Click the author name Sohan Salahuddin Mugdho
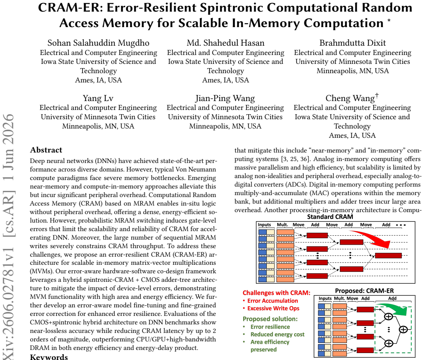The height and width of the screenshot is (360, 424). [x=98, y=43]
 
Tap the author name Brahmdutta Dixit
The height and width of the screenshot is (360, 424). [x=353, y=43]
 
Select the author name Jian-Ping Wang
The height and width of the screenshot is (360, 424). [x=225, y=98]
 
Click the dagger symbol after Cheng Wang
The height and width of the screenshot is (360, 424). [x=377, y=96]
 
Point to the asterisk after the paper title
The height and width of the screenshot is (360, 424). [x=389, y=21]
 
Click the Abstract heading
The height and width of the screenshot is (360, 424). [x=46, y=150]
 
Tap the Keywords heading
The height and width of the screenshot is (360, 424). [x=49, y=357]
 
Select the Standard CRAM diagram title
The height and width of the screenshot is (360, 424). [x=330, y=217]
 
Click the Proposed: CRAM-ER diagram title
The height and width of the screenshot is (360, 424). [x=364, y=291]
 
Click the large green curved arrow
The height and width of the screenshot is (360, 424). [x=395, y=309]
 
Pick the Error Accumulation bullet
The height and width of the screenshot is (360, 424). [x=270, y=300]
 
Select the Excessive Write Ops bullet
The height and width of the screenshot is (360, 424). [x=271, y=309]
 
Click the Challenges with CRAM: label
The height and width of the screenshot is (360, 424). [x=276, y=293]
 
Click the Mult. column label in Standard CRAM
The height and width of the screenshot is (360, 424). [x=282, y=225]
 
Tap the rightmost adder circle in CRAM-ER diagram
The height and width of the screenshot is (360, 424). [x=403, y=329]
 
